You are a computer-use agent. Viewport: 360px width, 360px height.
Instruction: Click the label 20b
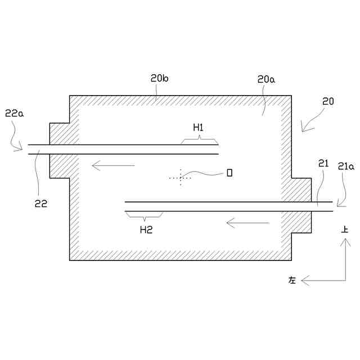(x=159, y=79)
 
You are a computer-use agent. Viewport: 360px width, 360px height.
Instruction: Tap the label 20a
(x=266, y=79)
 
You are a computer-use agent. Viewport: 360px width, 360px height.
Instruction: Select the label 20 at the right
(x=328, y=102)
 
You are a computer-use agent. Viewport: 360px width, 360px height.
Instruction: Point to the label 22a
(x=14, y=113)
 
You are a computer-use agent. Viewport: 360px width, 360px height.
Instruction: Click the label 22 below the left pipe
(x=40, y=204)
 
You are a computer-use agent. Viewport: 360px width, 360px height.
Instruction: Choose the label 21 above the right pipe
(x=323, y=163)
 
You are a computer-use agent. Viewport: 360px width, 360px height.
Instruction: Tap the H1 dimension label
(x=199, y=127)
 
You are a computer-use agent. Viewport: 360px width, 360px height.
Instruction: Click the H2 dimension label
(x=146, y=229)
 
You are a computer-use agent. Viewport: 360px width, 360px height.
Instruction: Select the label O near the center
(x=229, y=173)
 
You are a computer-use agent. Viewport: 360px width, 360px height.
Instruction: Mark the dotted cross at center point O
(x=180, y=177)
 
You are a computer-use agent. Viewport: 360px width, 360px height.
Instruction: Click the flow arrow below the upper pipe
(x=113, y=165)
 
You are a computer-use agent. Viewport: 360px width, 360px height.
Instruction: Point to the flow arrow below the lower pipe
(x=247, y=223)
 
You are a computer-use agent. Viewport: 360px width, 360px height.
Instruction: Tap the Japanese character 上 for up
(x=345, y=229)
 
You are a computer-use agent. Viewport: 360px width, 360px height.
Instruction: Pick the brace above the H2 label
(x=144, y=215)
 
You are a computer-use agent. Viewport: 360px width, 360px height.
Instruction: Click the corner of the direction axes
(x=345, y=280)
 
